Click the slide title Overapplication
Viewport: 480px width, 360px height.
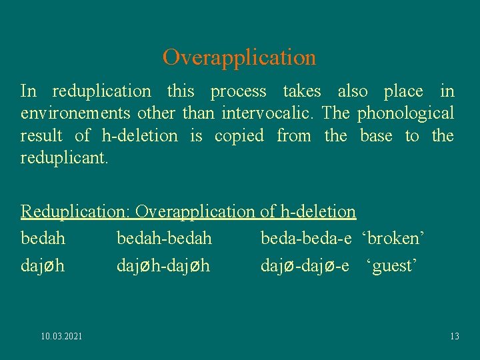click(x=239, y=57)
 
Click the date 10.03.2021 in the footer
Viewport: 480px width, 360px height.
click(x=62, y=336)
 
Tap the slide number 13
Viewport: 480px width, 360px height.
click(x=454, y=336)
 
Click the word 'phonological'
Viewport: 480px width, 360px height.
click(x=405, y=113)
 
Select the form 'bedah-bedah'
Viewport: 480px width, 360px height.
click(x=164, y=238)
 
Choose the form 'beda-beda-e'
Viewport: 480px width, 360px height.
click(x=306, y=238)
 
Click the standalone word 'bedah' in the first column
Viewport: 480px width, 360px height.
click(x=43, y=238)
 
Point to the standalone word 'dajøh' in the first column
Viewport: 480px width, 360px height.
click(x=43, y=266)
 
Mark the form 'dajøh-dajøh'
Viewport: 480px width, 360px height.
click(x=163, y=266)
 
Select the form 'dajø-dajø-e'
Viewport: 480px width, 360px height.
click(x=305, y=266)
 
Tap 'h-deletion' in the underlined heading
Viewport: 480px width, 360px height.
click(x=317, y=212)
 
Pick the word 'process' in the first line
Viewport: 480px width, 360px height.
click(x=238, y=91)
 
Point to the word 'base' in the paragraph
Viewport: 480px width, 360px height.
click(x=376, y=136)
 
